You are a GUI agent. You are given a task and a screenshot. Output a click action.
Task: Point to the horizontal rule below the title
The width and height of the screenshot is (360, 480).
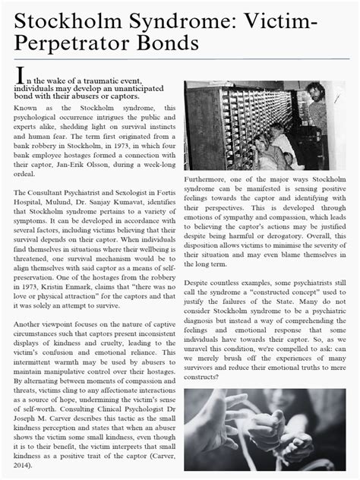tap(179, 59)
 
